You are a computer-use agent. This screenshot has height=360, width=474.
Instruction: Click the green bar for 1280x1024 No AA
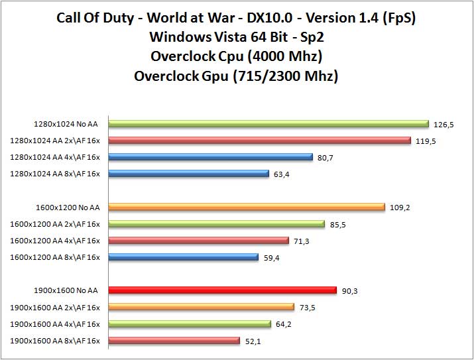[x=268, y=123]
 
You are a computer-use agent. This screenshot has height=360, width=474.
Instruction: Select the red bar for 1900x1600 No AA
[x=222, y=290]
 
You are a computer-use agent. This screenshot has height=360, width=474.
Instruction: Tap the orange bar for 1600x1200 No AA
[x=246, y=207]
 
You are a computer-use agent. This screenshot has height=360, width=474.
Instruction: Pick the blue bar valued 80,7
[x=210, y=157]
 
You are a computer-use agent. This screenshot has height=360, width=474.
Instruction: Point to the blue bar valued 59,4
[x=183, y=257]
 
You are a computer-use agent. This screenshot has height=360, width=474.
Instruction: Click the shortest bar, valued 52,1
[x=174, y=340]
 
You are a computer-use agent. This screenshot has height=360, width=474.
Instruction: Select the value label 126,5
[x=444, y=124]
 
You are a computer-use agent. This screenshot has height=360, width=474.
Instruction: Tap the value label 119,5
[x=426, y=141]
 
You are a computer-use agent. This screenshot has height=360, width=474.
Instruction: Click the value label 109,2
[x=400, y=208]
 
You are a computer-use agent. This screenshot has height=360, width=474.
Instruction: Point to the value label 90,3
[x=351, y=290]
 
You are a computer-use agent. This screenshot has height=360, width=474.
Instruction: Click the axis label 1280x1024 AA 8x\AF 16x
[x=56, y=174]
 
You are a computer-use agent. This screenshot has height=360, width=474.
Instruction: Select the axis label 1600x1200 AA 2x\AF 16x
[x=56, y=223]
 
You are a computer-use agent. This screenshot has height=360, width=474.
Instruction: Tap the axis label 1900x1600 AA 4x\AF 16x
[x=56, y=324]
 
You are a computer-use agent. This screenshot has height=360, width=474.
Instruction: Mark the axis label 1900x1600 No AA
[x=66, y=290]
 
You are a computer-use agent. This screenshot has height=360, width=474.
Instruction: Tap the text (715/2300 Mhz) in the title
[x=288, y=76]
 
